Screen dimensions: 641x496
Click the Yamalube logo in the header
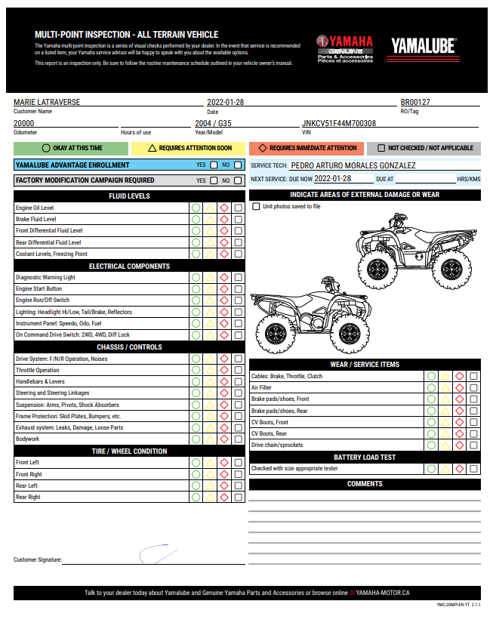pos(424,47)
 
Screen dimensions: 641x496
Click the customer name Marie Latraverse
pos(47,102)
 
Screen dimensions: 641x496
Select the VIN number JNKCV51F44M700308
pos(339,123)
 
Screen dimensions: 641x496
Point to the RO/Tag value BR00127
pos(415,102)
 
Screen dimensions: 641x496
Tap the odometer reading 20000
pos(24,123)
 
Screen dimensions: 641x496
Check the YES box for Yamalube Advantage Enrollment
pos(214,165)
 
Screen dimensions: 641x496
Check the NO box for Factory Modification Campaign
pos(238,180)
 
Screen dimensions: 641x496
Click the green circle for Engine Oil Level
pos(196,208)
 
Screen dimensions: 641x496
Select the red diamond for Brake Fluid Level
pos(224,219)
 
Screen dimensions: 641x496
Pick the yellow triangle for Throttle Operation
pos(211,371)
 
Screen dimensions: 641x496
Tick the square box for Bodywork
pos(239,439)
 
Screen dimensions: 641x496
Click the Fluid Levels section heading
pos(129,196)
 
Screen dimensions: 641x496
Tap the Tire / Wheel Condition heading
pos(129,451)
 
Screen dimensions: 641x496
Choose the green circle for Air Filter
pos(431,387)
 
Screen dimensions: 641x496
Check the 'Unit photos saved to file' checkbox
pos(256,206)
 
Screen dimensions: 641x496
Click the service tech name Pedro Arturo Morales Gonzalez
pos(353,165)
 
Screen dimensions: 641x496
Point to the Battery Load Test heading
pos(365,458)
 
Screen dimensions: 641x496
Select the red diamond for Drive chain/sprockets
pos(460,445)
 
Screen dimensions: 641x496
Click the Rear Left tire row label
pos(27,485)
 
